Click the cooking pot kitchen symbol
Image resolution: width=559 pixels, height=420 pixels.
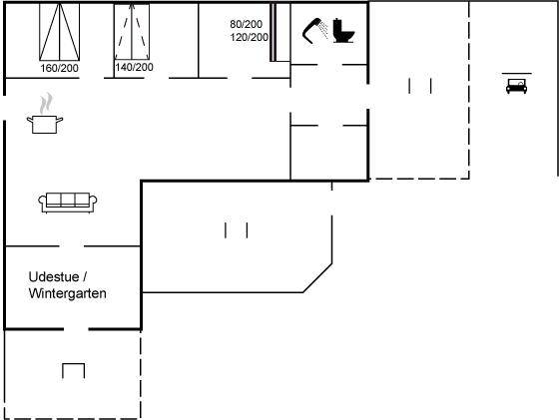pyautogui.click(x=45, y=125)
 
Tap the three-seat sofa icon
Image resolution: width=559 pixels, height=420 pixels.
pyautogui.click(x=68, y=203)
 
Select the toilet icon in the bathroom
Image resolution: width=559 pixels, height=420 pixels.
pyautogui.click(x=343, y=31)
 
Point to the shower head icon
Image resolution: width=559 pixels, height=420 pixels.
pyautogui.click(x=315, y=31)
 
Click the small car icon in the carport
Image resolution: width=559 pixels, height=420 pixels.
pyautogui.click(x=517, y=86)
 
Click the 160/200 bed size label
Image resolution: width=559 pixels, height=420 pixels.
pyautogui.click(x=59, y=68)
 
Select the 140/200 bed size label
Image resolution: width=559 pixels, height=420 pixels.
pyautogui.click(x=134, y=67)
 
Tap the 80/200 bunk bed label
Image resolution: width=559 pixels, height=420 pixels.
pyautogui.click(x=246, y=24)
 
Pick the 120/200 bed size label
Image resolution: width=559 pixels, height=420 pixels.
pyautogui.click(x=250, y=37)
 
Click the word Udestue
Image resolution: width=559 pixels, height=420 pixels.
pyautogui.click(x=54, y=276)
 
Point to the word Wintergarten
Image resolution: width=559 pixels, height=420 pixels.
pyautogui.click(x=68, y=293)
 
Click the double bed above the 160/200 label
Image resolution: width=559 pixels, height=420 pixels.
pyautogui.click(x=59, y=32)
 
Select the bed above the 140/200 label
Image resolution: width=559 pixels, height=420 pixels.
pyautogui.click(x=132, y=32)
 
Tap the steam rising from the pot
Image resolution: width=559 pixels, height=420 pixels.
pyautogui.click(x=46, y=104)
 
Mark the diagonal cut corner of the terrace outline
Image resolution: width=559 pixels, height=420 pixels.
pyautogui.click(x=317, y=278)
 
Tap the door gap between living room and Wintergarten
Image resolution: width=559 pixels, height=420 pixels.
pyautogui.click(x=72, y=246)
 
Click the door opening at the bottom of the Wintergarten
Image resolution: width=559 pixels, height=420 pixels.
pyautogui.click(x=76, y=329)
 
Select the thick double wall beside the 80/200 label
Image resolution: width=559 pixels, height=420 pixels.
pyautogui.click(x=273, y=32)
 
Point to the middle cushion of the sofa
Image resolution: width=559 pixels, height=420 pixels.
pyautogui.click(x=68, y=200)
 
